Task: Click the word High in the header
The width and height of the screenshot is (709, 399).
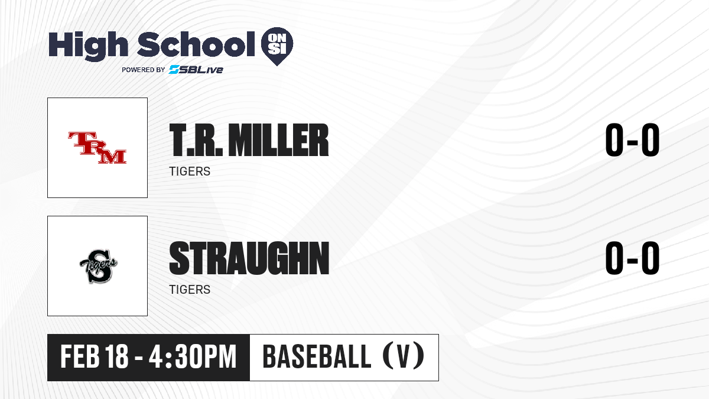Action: point(88,46)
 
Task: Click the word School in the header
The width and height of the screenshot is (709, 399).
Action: point(196,44)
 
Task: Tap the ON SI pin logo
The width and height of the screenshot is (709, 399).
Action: point(277,46)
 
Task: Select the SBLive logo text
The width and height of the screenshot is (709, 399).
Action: point(196,69)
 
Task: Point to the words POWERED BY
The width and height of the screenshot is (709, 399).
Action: point(144,70)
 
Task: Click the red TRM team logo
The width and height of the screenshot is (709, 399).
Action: point(97,148)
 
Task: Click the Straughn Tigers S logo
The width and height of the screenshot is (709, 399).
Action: point(98,267)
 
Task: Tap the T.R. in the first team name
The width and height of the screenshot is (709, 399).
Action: point(196,140)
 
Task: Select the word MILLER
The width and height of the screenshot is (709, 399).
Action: point(278,140)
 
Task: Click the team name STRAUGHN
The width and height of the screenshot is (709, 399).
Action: point(249,258)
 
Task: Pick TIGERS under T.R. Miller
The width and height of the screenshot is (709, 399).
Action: point(190,171)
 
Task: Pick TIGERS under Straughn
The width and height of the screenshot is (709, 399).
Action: point(190,290)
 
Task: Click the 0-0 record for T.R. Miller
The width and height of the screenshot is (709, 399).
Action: point(632,140)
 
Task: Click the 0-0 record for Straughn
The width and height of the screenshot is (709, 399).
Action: point(632,258)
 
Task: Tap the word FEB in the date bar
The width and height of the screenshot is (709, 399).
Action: point(80,356)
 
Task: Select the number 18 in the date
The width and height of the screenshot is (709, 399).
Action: point(117,356)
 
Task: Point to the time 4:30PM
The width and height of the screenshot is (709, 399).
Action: point(193,356)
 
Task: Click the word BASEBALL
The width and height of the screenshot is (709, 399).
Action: point(317,356)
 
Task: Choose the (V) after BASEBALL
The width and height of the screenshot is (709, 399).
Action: point(403,356)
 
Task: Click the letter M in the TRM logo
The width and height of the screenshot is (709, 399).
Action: point(112,156)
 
